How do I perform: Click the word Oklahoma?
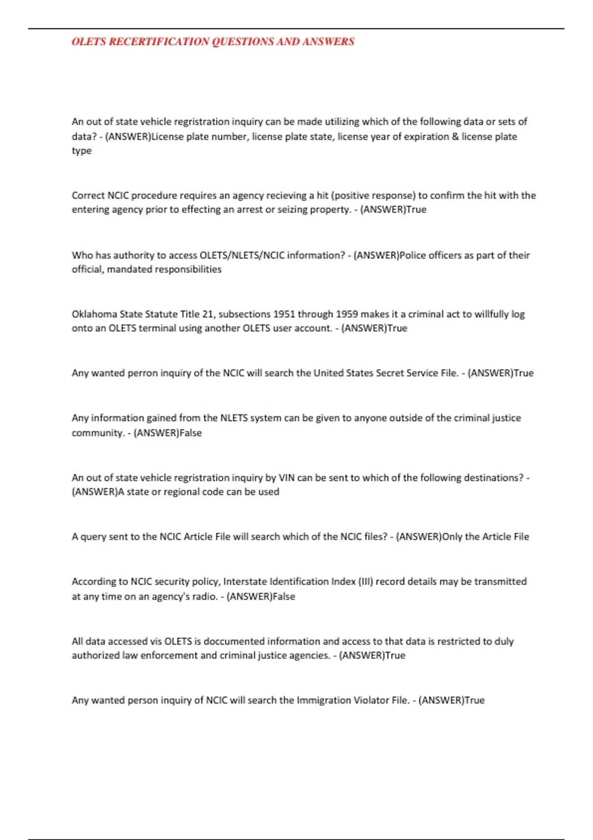pyautogui.click(x=94, y=314)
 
